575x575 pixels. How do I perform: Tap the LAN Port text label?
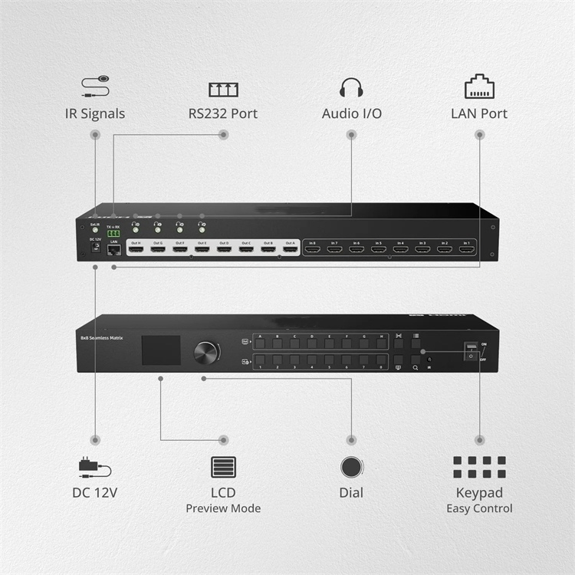click(x=479, y=113)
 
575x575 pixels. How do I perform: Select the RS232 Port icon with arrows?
click(x=223, y=88)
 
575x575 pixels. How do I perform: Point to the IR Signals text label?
click(x=95, y=113)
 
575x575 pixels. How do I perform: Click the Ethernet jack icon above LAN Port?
click(x=479, y=86)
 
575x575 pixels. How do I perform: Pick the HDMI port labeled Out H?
click(x=136, y=249)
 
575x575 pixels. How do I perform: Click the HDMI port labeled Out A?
click(x=290, y=249)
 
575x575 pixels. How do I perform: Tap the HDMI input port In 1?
click(x=466, y=249)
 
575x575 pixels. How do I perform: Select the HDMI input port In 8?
click(x=312, y=249)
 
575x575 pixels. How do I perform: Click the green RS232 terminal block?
click(x=113, y=234)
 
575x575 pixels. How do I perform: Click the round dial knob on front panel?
click(x=205, y=353)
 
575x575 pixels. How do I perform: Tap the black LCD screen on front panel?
click(x=161, y=350)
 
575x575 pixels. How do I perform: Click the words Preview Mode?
click(x=223, y=508)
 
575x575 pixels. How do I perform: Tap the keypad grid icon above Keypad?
click(x=479, y=468)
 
